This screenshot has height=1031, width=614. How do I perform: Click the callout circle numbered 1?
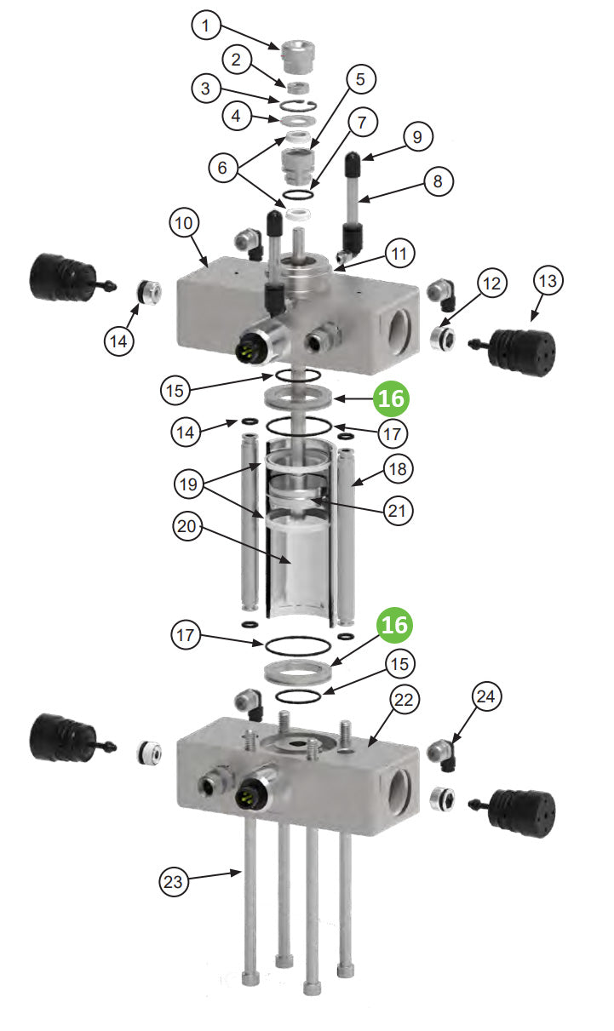point(205,26)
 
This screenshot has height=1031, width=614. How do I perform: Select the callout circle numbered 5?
point(360,79)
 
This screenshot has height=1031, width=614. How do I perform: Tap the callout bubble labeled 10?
point(186,223)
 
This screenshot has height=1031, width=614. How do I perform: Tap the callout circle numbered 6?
point(222,169)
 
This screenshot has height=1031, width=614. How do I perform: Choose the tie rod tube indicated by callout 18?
point(346,528)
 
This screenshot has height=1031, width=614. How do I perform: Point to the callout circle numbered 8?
point(438,180)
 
